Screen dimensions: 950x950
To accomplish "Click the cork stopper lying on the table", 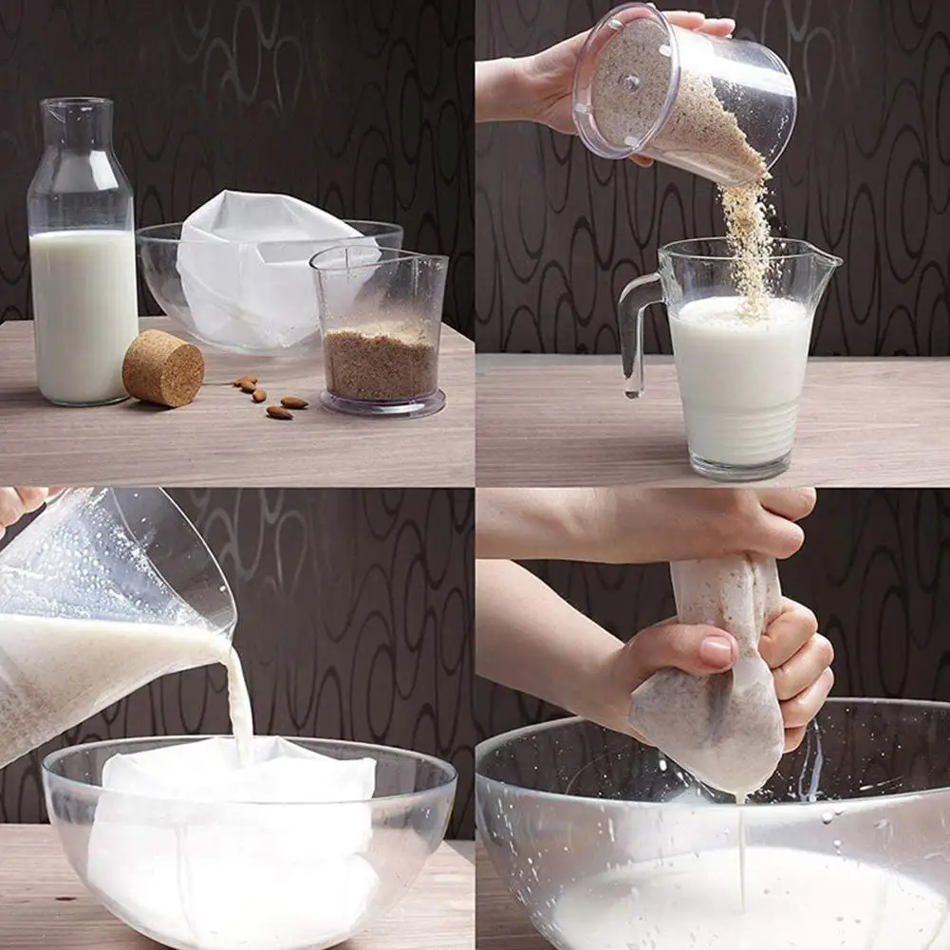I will coord(162,367).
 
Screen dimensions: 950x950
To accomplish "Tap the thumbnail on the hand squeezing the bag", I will coord(717,651).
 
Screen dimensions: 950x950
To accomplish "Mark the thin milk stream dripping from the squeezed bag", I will coord(741,854).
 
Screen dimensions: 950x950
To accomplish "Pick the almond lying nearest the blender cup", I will coord(293,402).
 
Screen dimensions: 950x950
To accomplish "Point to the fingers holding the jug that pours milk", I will coord(19,503).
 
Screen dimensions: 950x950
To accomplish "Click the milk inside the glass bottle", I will coord(84,313).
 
